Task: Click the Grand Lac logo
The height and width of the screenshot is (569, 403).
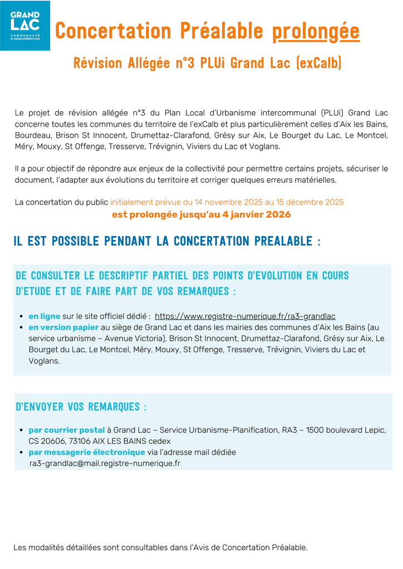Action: tap(25, 26)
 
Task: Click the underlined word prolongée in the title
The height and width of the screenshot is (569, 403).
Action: tap(316, 32)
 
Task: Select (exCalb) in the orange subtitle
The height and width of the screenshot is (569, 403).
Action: tap(320, 63)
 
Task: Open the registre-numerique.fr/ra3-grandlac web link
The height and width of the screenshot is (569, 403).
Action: tap(245, 316)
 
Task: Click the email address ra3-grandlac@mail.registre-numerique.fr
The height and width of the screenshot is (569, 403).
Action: tap(105, 463)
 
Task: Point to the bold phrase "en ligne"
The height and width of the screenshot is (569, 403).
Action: tap(45, 316)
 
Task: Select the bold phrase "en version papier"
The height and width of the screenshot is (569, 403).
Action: tap(63, 327)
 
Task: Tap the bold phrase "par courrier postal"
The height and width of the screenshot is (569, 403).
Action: tap(67, 430)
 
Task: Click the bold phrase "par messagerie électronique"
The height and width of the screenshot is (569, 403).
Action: tap(87, 452)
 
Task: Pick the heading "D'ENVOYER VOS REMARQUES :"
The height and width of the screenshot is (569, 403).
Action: tap(81, 407)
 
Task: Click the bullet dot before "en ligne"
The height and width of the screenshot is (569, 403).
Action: tap(21, 316)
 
